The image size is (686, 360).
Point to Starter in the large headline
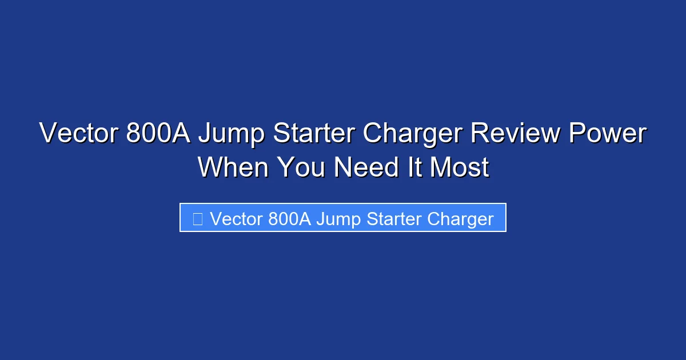pyautogui.click(x=312, y=134)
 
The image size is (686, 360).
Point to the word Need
pyautogui.click(x=361, y=167)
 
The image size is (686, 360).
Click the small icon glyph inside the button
pyautogui.click(x=198, y=218)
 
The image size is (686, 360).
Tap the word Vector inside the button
pyautogui.click(x=236, y=218)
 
